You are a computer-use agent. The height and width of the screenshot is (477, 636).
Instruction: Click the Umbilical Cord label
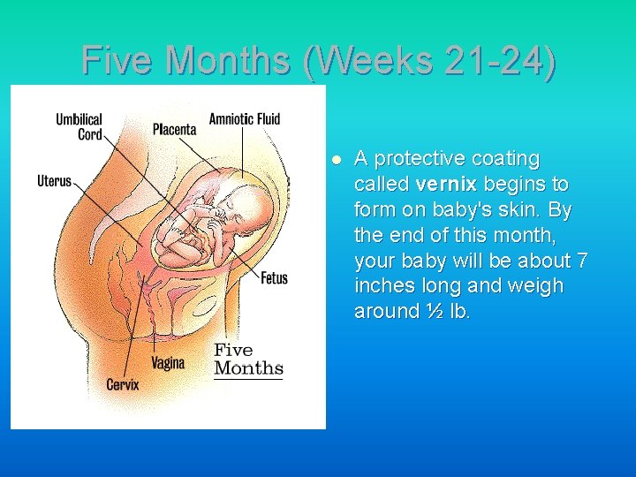coord(79,126)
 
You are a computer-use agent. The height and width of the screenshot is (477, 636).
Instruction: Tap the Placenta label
coord(174,129)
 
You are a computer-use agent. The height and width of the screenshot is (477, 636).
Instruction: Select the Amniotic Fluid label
coord(245,119)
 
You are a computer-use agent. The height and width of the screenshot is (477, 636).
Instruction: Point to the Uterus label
coord(54,181)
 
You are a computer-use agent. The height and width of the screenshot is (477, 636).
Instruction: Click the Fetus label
coord(274,278)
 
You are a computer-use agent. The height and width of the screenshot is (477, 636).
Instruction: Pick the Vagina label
coord(168,362)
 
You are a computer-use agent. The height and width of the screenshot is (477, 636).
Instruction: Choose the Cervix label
coord(123,384)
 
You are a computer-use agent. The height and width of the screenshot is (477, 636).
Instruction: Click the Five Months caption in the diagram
coord(248,360)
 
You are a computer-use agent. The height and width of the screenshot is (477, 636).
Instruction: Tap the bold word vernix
coord(446,185)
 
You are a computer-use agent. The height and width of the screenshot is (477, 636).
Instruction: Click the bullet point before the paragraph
coord(336,160)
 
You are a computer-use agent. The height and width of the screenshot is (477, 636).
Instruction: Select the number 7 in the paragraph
coord(580,261)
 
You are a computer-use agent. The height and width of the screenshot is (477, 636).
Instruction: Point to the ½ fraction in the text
coord(435,312)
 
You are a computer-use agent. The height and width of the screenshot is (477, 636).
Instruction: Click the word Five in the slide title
coord(118,61)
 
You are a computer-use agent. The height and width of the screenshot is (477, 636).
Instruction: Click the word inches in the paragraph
coord(383,286)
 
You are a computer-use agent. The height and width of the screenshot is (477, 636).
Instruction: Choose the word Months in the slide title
coord(233,61)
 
